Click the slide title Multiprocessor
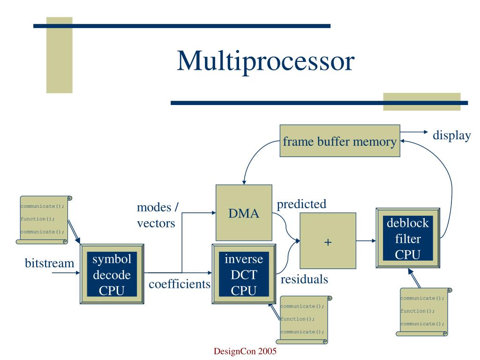(265, 61)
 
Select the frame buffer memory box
(340, 141)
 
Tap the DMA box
(244, 213)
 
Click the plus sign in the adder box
(328, 242)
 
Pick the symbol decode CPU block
(112, 274)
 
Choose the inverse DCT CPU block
(244, 274)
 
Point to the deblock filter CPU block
(408, 238)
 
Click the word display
(451, 135)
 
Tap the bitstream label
(49, 263)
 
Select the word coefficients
(180, 284)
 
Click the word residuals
(304, 279)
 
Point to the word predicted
(301, 204)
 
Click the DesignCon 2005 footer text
(245, 351)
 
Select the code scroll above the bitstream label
(44, 220)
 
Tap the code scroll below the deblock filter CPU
(424, 312)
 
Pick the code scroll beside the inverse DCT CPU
(304, 320)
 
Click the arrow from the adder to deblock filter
(366, 240)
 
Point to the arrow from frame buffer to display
(414, 132)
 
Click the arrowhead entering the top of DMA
(244, 182)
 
